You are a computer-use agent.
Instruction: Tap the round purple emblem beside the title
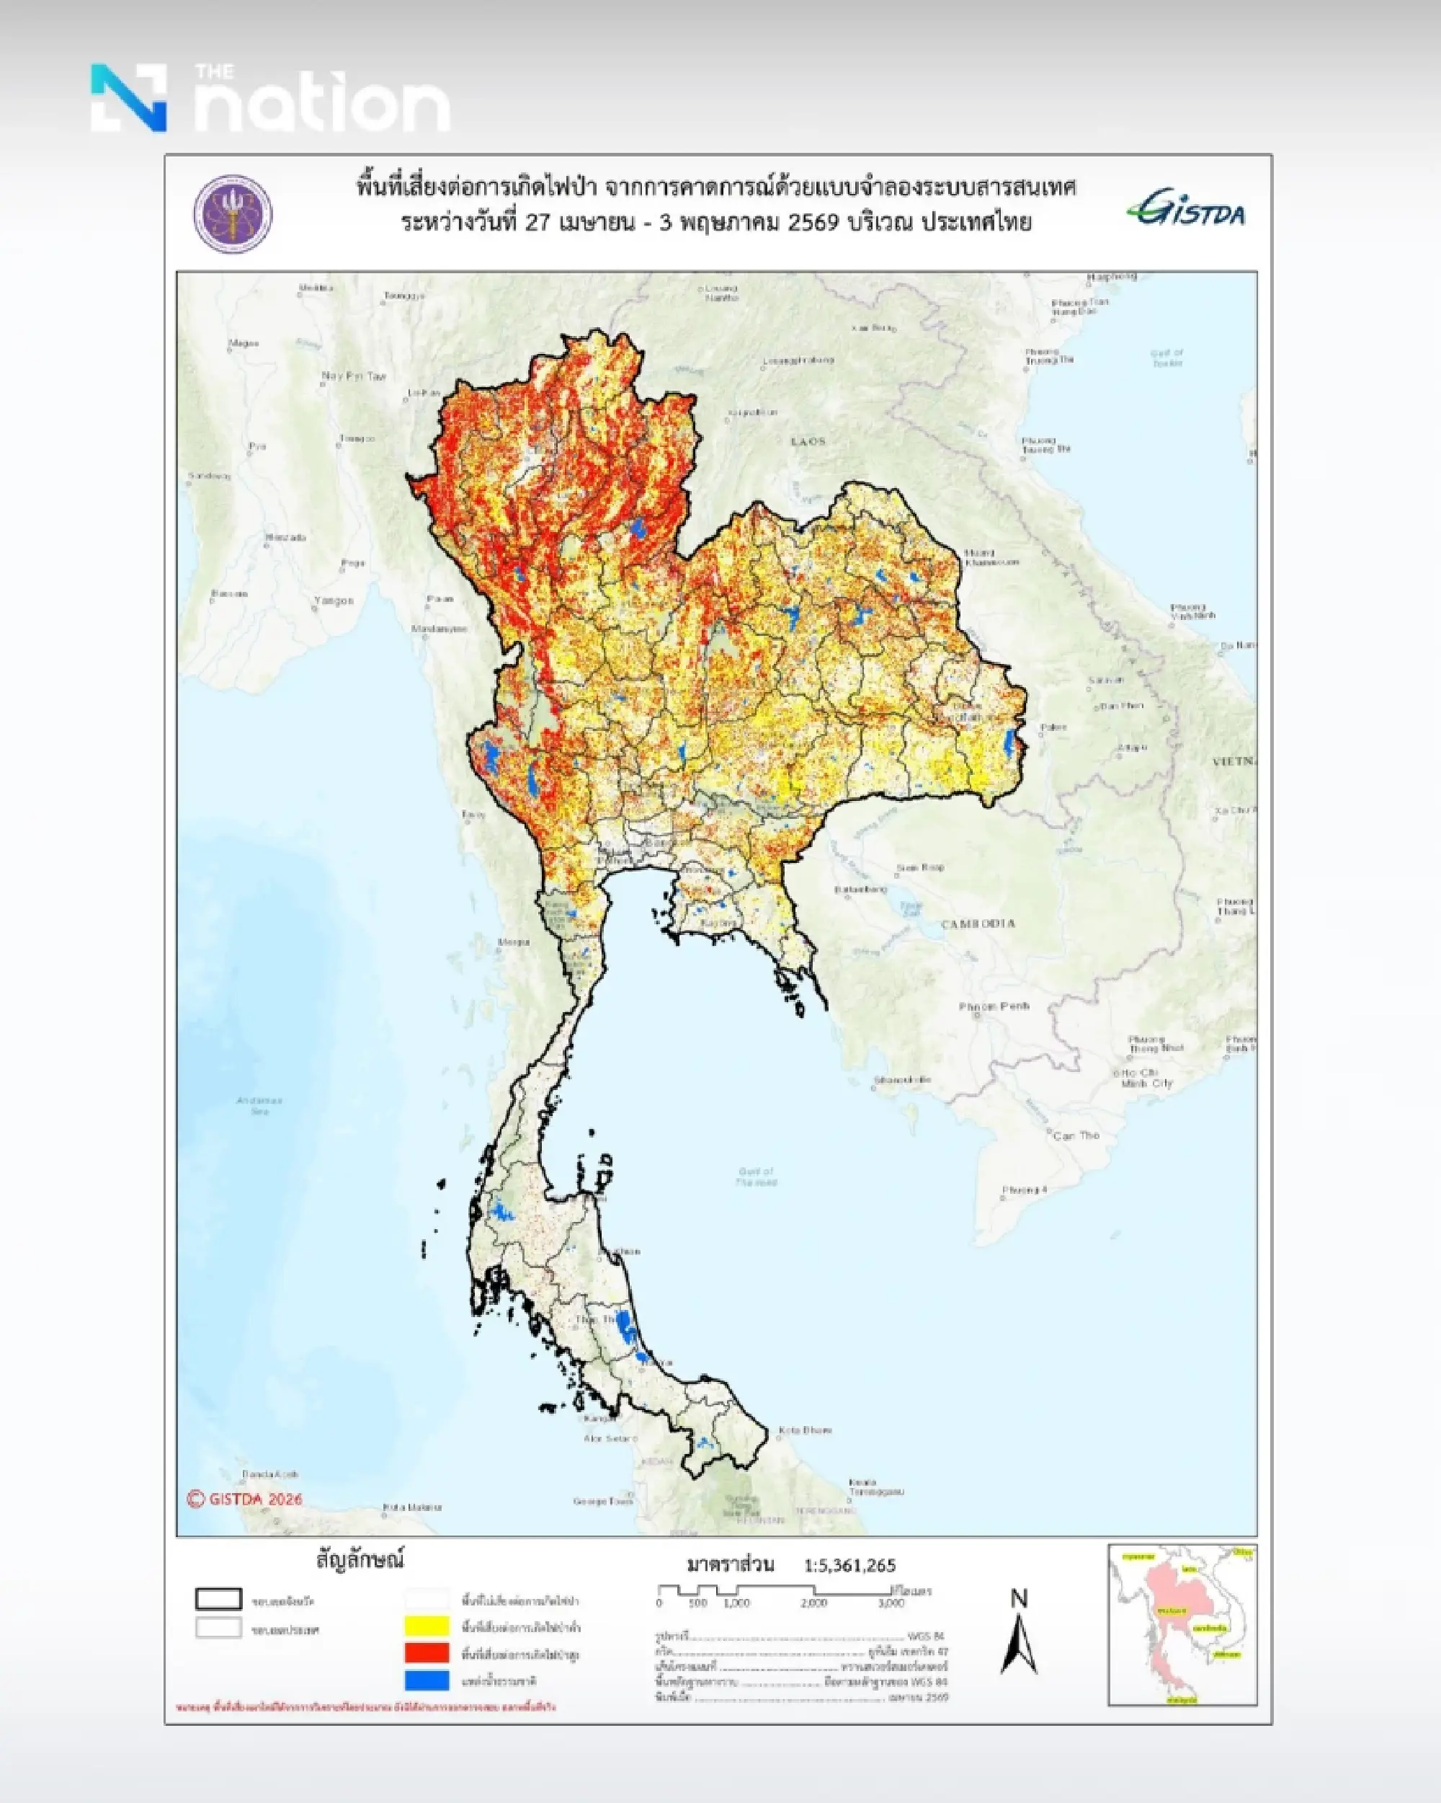[x=233, y=214]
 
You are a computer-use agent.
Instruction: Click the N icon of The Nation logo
[x=129, y=98]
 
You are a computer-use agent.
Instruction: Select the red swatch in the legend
[x=427, y=1653]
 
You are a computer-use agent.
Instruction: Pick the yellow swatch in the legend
[x=427, y=1626]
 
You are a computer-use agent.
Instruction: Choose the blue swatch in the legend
[x=427, y=1680]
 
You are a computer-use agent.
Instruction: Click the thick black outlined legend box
[x=218, y=1600]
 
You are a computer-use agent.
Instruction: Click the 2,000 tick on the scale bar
[x=813, y=1603]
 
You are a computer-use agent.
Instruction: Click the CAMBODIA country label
[x=978, y=924]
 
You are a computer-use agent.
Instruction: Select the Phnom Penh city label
[x=994, y=1007]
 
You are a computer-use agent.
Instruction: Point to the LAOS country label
[x=808, y=440]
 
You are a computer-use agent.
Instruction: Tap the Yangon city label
[x=334, y=601]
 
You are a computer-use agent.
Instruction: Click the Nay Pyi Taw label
[x=354, y=376]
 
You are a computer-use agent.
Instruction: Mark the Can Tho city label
[x=1076, y=1135]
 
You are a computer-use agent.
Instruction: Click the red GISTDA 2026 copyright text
[x=245, y=1499]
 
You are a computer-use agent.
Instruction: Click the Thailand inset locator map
[x=1182, y=1624]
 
